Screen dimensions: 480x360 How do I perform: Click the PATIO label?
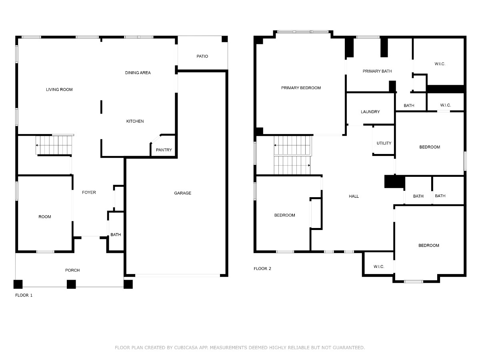pos(202,56)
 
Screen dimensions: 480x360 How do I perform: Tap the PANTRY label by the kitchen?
pos(164,150)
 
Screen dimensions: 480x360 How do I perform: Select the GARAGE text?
pos(182,193)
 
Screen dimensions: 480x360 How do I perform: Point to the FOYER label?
pos(89,192)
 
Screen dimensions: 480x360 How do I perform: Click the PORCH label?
pos(72,270)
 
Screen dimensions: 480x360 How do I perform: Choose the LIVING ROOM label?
pos(59,89)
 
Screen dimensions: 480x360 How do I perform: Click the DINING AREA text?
pos(138,72)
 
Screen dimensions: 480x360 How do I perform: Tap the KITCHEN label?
pos(135,121)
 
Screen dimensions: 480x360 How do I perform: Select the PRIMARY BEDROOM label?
pos(301,88)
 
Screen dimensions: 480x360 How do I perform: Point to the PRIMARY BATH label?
pos(377,71)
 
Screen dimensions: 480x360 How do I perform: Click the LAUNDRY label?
pos(370,112)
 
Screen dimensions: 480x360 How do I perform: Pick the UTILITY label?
pos(384,143)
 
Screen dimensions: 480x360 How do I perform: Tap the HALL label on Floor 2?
pos(354,196)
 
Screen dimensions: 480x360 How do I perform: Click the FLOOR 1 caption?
pos(24,295)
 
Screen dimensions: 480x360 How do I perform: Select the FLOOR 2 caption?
pos(262,269)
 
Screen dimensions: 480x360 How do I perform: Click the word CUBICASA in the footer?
pos(186,348)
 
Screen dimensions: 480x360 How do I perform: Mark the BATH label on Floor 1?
pos(116,234)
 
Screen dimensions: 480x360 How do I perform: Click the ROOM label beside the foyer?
pos(45,217)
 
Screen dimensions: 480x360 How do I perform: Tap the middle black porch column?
pos(71,284)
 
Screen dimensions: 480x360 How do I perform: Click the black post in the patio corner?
pos(224,39)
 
